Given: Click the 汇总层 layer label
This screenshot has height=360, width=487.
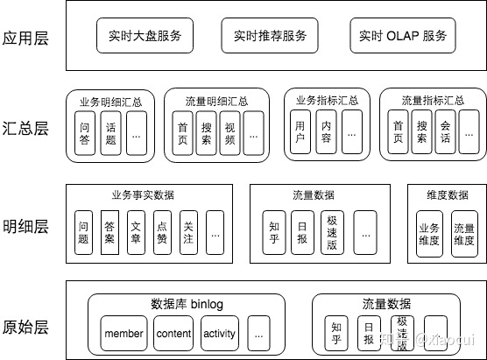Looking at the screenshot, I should (x=25, y=128).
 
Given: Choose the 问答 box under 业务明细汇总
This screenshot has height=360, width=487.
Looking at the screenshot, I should (x=86, y=133).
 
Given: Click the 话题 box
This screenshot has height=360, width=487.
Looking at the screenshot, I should (x=111, y=133).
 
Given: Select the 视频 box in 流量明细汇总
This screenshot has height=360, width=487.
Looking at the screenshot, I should (x=229, y=133).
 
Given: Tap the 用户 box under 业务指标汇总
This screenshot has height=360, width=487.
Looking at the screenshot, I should (x=301, y=133).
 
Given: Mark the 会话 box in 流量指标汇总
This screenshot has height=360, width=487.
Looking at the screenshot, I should (x=445, y=133).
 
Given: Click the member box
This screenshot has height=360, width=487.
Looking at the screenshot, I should (x=124, y=334).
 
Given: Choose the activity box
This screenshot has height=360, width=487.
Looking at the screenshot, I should (x=219, y=334).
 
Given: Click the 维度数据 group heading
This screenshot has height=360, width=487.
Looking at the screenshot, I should (x=446, y=195).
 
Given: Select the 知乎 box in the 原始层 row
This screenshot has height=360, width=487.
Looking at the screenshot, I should (x=336, y=334).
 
